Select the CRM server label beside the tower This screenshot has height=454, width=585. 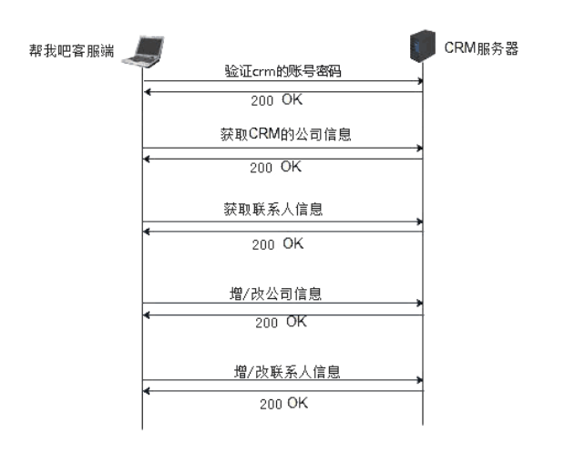pos(479,47)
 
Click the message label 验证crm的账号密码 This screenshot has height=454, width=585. pos(282,71)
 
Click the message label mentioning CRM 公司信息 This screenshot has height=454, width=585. pos(284,135)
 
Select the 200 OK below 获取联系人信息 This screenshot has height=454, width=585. pos(277,244)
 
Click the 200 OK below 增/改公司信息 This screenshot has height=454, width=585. pos(282,323)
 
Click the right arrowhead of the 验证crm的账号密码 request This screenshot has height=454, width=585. pos(420,81)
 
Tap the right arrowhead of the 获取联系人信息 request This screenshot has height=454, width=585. pos(420,222)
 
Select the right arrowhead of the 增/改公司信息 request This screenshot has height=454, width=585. pos(420,302)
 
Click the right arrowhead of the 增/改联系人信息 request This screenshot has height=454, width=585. pos(420,380)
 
